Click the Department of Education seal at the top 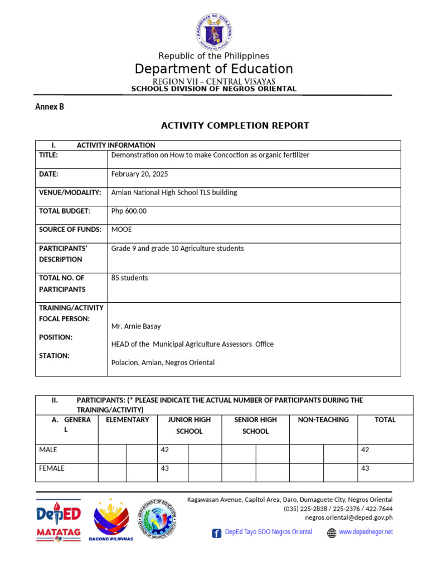(x=213, y=31)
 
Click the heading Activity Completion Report (x=235, y=125)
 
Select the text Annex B (x=50, y=107)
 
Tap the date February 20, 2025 (x=139, y=174)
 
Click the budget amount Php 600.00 (x=129, y=211)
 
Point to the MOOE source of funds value (x=121, y=229)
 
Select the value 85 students (x=129, y=278)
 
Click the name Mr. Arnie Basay (x=136, y=326)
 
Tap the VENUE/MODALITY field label (x=70, y=192)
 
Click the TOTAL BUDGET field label (x=64, y=211)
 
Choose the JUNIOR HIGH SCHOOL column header (x=189, y=425)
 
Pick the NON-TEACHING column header (x=323, y=420)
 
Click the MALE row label (x=48, y=450)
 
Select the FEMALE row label (x=51, y=468)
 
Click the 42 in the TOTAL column (x=365, y=450)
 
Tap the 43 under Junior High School (x=165, y=468)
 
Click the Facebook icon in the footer (x=216, y=533)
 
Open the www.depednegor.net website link (x=366, y=532)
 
